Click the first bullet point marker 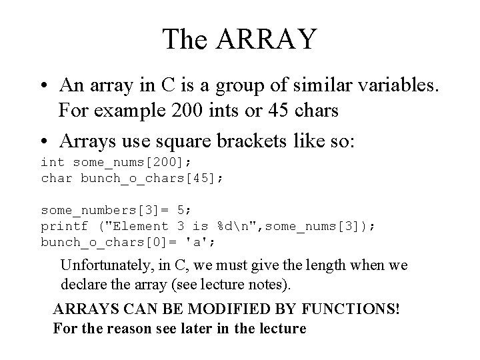click(45, 87)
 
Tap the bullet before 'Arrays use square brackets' click(45, 141)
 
